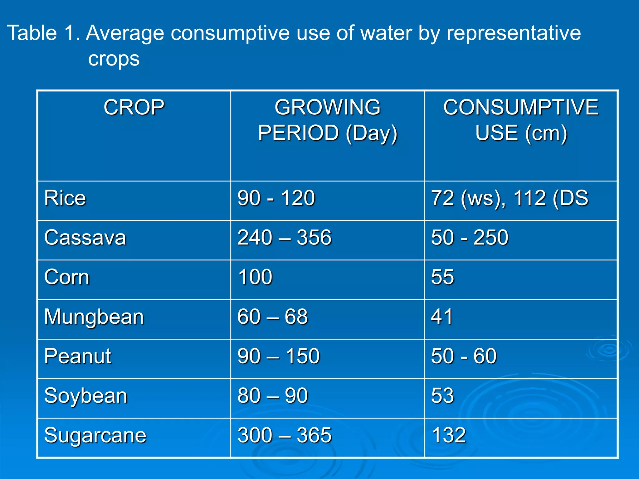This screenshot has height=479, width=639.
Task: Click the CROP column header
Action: click(134, 107)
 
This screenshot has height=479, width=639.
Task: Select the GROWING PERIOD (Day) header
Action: click(327, 120)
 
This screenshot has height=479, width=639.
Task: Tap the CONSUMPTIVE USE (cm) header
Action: click(521, 120)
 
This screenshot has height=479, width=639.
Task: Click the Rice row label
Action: click(65, 198)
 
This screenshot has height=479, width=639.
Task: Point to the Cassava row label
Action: click(85, 238)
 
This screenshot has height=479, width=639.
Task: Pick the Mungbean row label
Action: click(94, 317)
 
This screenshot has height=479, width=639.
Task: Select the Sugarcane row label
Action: click(95, 435)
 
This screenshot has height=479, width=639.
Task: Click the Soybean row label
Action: click(86, 396)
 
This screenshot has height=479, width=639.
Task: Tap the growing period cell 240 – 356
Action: click(284, 238)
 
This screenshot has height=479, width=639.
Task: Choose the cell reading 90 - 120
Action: click(276, 198)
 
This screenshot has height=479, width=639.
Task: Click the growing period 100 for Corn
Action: click(255, 277)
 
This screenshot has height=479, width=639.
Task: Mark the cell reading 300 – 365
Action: click(284, 435)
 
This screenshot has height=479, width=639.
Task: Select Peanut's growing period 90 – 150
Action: click(278, 356)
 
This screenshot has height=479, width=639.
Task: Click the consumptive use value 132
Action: click(449, 435)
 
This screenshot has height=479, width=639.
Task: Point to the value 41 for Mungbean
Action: click(441, 317)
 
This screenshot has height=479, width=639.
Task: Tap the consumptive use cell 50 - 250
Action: click(470, 238)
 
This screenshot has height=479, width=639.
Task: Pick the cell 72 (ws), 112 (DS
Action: click(510, 198)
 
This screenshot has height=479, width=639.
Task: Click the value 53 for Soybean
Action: click(442, 396)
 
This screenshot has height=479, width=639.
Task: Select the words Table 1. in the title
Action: click(44, 33)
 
